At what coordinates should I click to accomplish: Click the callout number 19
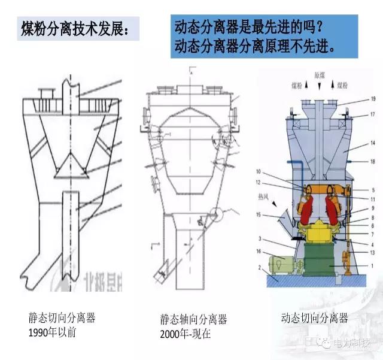(x=373, y=98)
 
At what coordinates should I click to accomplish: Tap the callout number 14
(x=373, y=144)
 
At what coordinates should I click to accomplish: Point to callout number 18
(x=373, y=161)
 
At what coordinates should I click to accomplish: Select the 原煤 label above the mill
(x=320, y=76)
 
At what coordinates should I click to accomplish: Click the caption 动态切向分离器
(x=314, y=318)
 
